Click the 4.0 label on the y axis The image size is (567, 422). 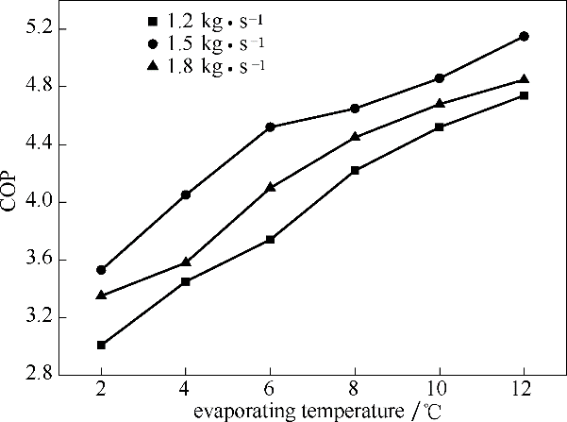(34, 202)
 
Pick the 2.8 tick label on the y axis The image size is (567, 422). (34, 375)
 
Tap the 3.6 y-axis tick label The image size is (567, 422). (34, 260)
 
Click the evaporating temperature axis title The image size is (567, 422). (312, 412)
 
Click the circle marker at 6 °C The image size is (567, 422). (271, 127)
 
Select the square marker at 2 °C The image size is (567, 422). (101, 345)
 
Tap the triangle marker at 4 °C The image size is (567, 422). (186, 262)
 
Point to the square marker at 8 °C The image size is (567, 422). (355, 170)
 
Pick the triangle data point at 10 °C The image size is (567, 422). (440, 103)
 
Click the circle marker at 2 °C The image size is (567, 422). (101, 270)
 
